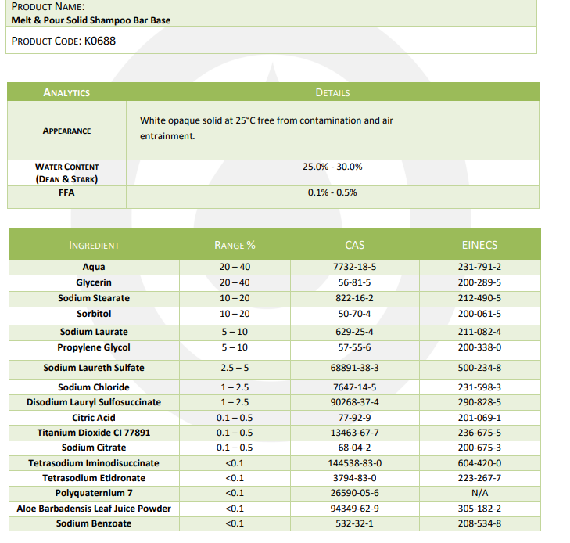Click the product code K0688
pos(99,41)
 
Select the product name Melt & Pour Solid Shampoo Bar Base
pos(91,20)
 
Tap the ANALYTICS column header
pos(66,92)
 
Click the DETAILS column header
pos(332,92)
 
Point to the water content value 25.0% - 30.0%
pos(332,167)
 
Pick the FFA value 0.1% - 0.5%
pos(332,192)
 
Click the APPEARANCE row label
pos(66,131)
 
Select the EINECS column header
pos(479,245)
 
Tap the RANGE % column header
pos(235,245)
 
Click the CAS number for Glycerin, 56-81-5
pos(354,282)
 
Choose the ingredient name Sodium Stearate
pos(94,298)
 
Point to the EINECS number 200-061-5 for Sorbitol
pos(479,314)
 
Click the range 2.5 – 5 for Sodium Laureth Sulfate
pos(235,368)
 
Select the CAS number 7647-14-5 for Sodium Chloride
pos(354,387)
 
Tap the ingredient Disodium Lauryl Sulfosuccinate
pos(94,402)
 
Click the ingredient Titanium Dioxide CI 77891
pos(94,433)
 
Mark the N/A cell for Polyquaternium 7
pos(479,493)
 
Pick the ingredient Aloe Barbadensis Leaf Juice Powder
pos(94,509)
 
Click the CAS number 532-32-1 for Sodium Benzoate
pos(354,523)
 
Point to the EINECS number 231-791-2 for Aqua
pos(479,268)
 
